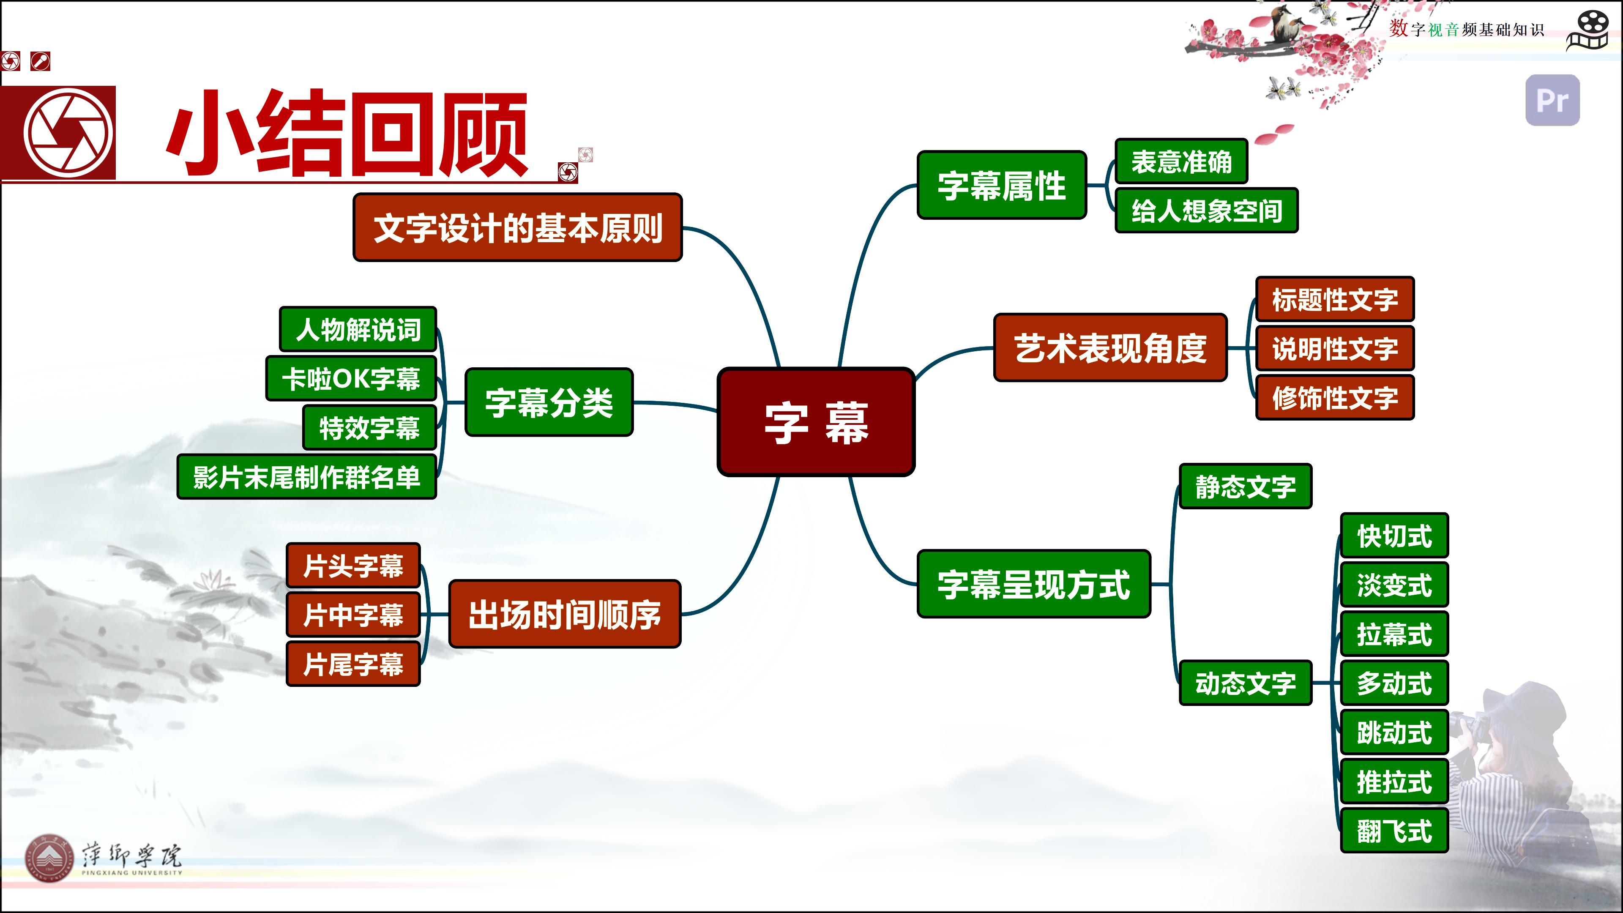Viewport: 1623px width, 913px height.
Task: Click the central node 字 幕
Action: pos(816,421)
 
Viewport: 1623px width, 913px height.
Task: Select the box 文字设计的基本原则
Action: pos(517,227)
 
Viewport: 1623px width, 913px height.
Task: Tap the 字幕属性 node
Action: pos(1002,185)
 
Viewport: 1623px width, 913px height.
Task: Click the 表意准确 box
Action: pos(1181,161)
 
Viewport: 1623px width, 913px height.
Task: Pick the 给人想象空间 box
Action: pos(1207,210)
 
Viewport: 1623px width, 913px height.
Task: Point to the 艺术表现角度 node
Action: pos(1110,347)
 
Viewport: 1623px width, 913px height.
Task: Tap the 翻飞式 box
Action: pos(1394,831)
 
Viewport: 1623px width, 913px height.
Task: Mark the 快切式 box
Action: pos(1394,536)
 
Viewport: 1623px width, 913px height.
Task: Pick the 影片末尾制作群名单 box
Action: pos(307,477)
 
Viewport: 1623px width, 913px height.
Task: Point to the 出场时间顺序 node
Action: pos(565,614)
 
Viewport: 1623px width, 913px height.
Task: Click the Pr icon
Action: pos(1552,100)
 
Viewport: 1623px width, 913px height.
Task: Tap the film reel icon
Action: pos(1588,30)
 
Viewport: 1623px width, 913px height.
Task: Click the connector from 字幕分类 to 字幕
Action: pos(675,404)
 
